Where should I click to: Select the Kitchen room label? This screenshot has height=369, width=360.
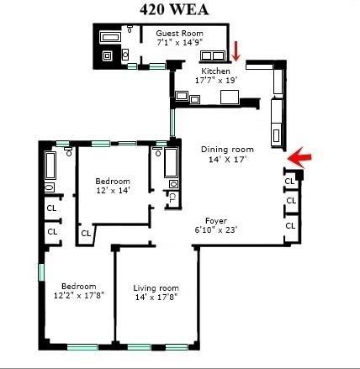pyautogui.click(x=203, y=71)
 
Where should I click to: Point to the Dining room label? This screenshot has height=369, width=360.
pyautogui.click(x=226, y=149)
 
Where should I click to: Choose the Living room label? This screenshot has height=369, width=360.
pyautogui.click(x=156, y=288)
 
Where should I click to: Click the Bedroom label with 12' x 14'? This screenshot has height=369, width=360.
pyautogui.click(x=112, y=181)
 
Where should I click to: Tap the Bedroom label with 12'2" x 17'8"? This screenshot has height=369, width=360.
pyautogui.click(x=75, y=285)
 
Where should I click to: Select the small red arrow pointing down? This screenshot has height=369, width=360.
pyautogui.click(x=236, y=50)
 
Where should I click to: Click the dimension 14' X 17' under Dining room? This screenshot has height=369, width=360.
pyautogui.click(x=225, y=159)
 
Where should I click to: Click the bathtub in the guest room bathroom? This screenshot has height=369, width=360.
pyautogui.click(x=111, y=37)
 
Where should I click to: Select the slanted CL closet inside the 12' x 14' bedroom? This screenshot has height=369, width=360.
pyautogui.click(x=86, y=232)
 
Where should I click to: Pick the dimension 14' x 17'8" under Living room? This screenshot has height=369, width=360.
pyautogui.click(x=156, y=298)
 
